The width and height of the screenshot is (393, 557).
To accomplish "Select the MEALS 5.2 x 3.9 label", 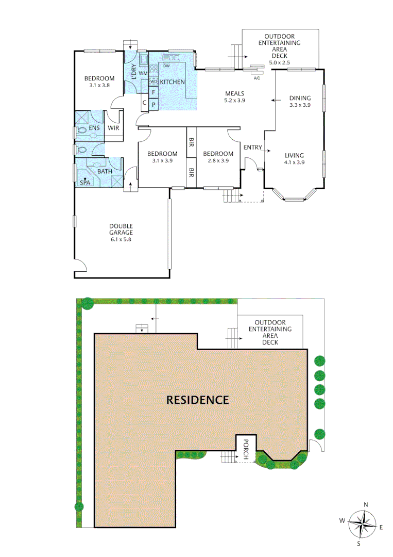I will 234,97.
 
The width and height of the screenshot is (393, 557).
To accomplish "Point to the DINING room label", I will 300,101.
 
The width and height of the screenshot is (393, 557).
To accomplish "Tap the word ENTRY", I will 252,148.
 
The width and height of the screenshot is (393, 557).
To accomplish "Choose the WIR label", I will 113,128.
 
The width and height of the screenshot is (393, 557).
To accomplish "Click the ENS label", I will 94,128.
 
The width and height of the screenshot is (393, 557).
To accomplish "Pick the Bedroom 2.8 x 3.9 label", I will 217,157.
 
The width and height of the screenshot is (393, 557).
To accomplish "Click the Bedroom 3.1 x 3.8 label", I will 99,82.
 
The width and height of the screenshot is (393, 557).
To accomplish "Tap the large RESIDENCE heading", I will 197,399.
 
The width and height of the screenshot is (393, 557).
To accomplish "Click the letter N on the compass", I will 365,505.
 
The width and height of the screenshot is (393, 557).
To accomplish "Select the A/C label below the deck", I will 257,77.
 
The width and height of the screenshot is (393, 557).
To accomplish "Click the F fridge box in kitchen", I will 153,92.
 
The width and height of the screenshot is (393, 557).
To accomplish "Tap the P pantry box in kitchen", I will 153,104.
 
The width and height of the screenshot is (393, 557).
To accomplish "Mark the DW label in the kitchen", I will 166,67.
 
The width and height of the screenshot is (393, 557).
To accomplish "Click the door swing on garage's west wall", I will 79,265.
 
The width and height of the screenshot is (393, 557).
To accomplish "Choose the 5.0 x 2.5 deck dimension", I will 280,63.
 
